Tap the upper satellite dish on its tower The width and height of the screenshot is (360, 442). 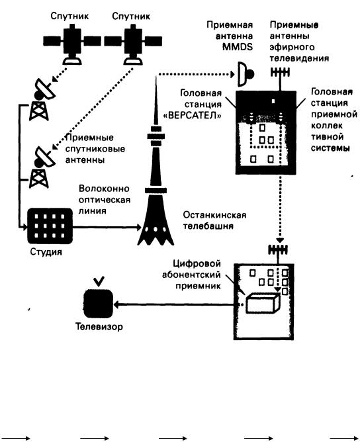pyautogui.click(x=42, y=100)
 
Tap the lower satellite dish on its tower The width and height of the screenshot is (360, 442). pyautogui.click(x=42, y=167)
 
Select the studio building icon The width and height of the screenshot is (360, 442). pyautogui.click(x=50, y=226)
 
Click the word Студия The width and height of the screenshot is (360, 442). pyautogui.click(x=46, y=251)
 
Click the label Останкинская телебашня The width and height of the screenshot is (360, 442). pyautogui.click(x=214, y=220)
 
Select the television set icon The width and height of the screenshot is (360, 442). pyautogui.click(x=99, y=301)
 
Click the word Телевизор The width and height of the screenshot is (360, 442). pyautogui.click(x=99, y=326)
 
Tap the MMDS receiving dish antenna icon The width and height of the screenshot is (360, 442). pyautogui.click(x=246, y=74)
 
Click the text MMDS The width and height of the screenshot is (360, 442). pyautogui.click(x=238, y=47)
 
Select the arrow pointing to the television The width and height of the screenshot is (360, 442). pyautogui.click(x=174, y=304)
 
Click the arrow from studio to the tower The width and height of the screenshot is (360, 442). pyautogui.click(x=107, y=227)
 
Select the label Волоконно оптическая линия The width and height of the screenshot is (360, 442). pyautogui.click(x=105, y=200)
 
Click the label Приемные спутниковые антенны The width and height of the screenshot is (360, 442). pyautogui.click(x=95, y=149)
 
